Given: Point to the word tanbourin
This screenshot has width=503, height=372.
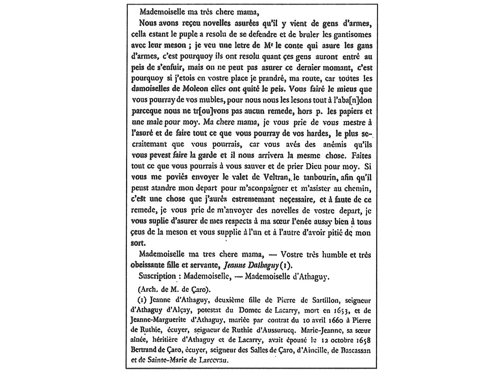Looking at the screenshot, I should tap(315, 178).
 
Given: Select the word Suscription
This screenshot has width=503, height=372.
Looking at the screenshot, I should tap(157, 276).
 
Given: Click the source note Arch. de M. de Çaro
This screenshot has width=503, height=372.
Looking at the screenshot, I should tap(174, 289).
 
